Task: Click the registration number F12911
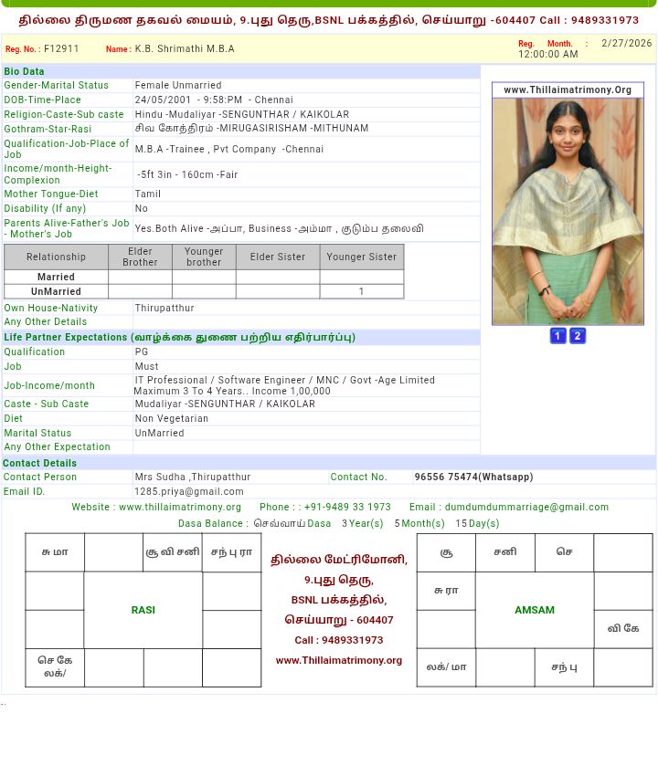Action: point(61,49)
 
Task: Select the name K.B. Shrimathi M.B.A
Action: point(185,49)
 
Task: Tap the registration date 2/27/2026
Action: point(626,44)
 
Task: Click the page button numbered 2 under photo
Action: point(578,336)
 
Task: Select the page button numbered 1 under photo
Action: point(557,336)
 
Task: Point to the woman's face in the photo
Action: point(568,137)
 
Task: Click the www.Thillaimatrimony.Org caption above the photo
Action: point(568,90)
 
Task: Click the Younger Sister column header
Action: point(362,257)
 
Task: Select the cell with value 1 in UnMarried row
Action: point(361,292)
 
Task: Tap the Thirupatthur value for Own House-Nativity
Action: point(164,309)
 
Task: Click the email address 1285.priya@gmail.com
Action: point(189,492)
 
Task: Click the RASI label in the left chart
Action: point(143,610)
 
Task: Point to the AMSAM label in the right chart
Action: point(535,610)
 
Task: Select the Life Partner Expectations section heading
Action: point(179,338)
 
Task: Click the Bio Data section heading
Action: point(24,71)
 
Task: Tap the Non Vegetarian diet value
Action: point(172,419)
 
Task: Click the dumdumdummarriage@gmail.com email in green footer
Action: point(526,508)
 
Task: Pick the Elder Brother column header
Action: point(140,257)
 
